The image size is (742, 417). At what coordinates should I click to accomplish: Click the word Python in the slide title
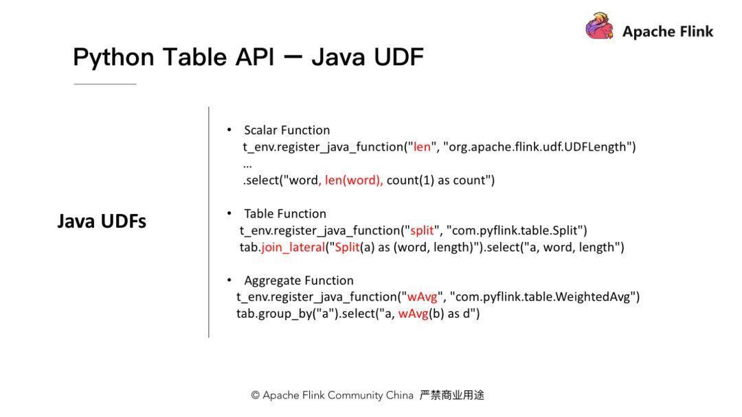(x=113, y=57)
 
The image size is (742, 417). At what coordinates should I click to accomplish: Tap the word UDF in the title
(x=398, y=57)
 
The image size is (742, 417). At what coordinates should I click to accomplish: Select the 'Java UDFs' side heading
(x=102, y=222)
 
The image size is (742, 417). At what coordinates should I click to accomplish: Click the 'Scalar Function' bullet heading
(x=286, y=130)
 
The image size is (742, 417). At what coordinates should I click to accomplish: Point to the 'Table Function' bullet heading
(x=285, y=214)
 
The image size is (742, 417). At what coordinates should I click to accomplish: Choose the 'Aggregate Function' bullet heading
(x=299, y=281)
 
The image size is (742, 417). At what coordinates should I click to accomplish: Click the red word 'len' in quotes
(x=422, y=147)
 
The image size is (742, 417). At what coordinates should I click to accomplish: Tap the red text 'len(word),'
(x=354, y=180)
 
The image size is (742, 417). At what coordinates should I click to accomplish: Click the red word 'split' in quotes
(x=422, y=230)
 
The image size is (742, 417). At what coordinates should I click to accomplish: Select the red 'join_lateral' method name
(x=293, y=247)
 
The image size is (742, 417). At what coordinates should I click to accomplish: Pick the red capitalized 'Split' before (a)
(x=347, y=247)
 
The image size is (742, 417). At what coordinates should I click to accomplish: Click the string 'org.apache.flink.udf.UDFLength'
(x=539, y=147)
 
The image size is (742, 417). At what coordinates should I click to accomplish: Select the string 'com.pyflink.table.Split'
(x=517, y=230)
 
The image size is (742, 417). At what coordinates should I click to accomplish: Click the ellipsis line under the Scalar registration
(x=247, y=165)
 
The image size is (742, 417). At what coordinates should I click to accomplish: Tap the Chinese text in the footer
(x=452, y=395)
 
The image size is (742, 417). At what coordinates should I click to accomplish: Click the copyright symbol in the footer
(x=255, y=396)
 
